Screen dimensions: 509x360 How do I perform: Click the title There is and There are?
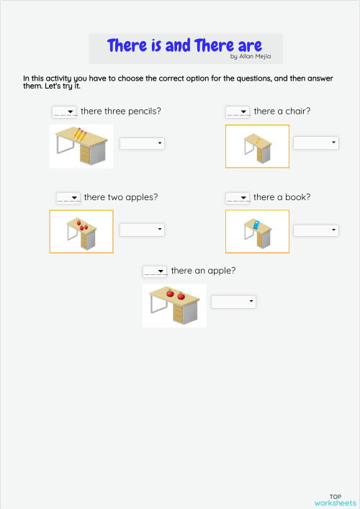point(184,45)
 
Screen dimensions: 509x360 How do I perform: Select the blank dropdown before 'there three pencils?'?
point(64,112)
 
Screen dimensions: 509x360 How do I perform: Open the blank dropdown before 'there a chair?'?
point(238,112)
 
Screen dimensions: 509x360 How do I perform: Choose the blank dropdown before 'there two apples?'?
point(68,197)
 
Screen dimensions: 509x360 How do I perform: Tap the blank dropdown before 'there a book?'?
point(238,197)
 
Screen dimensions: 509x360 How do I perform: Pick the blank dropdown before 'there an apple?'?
point(155,271)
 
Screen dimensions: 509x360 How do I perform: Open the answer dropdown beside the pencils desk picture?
point(142,143)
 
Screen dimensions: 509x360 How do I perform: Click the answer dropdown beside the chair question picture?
point(315,143)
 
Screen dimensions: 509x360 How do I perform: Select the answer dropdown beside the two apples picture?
point(142,230)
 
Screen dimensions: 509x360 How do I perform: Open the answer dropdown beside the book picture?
point(315,230)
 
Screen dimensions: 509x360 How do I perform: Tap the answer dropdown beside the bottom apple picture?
point(233,301)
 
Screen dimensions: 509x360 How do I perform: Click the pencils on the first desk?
point(79,135)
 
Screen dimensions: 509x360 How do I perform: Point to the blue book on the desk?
point(254,223)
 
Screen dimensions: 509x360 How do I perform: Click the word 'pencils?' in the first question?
point(143,112)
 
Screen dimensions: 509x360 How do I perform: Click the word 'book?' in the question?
point(297,197)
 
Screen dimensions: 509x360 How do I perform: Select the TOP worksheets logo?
point(335,500)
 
